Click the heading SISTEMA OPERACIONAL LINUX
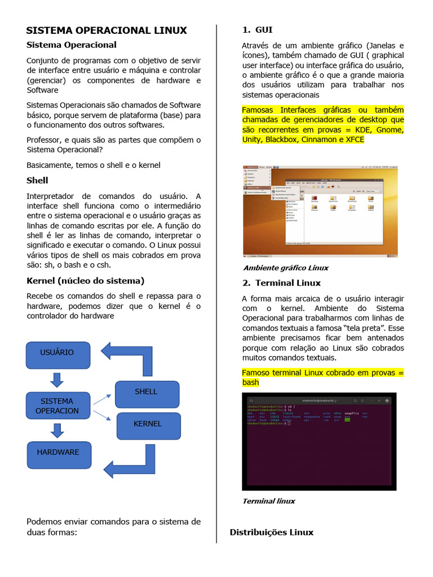[x=107, y=30]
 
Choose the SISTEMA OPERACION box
[x=58, y=406]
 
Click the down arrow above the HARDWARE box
[x=57, y=431]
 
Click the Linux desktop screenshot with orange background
[x=320, y=210]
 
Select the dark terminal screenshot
[x=319, y=441]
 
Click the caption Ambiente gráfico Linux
[x=285, y=268]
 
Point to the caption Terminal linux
[x=268, y=501]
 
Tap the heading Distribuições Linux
[x=271, y=532]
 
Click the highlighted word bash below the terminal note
[x=250, y=383]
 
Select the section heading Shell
[x=37, y=180]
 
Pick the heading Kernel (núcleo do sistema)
[x=86, y=281]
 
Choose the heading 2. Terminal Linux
[x=281, y=283]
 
